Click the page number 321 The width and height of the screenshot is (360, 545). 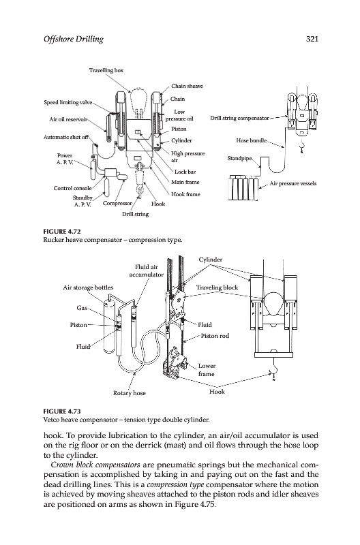(312, 39)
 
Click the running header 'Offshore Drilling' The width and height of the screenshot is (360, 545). (74, 40)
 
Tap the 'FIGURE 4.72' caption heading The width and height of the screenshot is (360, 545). (59, 232)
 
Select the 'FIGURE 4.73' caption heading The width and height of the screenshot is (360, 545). (59, 411)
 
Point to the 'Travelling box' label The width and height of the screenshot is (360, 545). (106, 70)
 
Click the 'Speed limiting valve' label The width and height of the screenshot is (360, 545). (68, 102)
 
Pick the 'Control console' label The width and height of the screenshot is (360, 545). (73, 188)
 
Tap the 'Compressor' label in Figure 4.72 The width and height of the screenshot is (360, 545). (117, 203)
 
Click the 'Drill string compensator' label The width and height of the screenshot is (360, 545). (239, 118)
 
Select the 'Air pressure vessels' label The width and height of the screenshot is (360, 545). (293, 183)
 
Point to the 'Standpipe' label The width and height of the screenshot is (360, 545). (239, 158)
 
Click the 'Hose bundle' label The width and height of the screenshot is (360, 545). (252, 140)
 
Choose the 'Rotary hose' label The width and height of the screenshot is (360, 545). (130, 393)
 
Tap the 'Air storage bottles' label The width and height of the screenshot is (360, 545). (88, 287)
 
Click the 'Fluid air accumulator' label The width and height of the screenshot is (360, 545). (147, 270)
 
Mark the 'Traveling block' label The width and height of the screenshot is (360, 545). (217, 287)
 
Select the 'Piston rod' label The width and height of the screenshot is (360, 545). (215, 336)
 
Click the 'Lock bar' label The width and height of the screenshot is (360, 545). (185, 172)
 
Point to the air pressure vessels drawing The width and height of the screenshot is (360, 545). (243, 188)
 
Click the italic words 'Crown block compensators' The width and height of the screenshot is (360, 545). (95, 465)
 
